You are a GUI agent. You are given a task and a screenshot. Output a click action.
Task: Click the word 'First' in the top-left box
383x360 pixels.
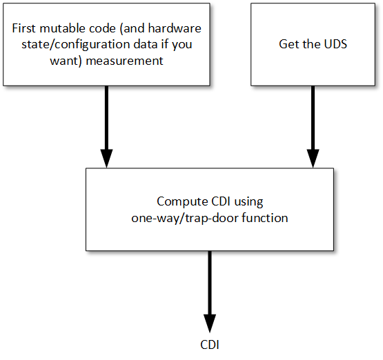click(x=24, y=28)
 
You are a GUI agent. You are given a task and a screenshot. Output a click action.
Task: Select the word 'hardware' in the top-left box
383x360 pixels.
click(x=175, y=28)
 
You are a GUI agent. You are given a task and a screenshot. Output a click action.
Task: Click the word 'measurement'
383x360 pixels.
click(x=125, y=61)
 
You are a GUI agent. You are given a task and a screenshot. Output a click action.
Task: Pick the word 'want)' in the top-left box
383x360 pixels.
click(x=66, y=61)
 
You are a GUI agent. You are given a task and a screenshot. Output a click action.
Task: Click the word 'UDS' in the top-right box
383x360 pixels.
click(x=335, y=44)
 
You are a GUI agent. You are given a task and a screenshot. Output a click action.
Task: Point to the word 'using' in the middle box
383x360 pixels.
click(x=248, y=202)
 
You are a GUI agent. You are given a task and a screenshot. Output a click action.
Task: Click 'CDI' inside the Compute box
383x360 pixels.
click(x=221, y=202)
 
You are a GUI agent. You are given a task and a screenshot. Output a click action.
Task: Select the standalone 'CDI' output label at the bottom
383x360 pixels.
click(x=210, y=345)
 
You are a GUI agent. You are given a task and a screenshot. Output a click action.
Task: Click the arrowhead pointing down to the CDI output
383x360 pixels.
click(x=210, y=323)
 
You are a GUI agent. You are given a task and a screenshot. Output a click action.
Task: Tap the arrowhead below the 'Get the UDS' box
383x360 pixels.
click(x=313, y=159)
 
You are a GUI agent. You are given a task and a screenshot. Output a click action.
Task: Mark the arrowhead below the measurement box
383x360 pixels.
click(x=106, y=159)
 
